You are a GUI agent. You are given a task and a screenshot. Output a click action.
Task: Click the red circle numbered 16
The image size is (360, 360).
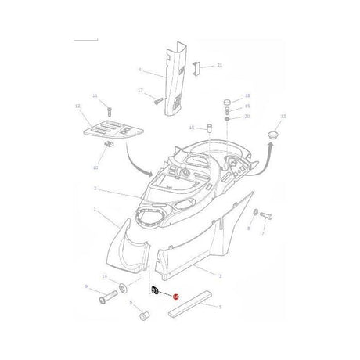(175, 297)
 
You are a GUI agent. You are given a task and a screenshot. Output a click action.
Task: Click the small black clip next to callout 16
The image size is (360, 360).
(156, 292)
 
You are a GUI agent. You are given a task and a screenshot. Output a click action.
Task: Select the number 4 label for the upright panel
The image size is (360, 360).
(139, 70)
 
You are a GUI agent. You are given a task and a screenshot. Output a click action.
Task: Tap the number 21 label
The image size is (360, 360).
(220, 65)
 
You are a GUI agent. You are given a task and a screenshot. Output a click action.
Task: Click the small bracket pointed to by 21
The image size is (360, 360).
(197, 69)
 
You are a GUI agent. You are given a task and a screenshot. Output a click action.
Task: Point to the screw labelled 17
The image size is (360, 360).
(157, 99)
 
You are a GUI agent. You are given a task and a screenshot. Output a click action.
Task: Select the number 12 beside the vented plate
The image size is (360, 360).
(77, 106)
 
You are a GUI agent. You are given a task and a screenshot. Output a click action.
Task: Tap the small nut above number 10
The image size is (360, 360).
(107, 143)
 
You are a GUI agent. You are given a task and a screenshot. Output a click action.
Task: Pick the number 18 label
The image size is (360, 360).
(247, 95)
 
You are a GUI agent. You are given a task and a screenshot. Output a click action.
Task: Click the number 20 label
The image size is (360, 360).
(247, 116)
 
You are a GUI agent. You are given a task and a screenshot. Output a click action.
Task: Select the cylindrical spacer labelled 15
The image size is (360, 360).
(209, 128)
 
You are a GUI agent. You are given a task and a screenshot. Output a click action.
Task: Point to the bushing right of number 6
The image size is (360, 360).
(143, 316)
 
